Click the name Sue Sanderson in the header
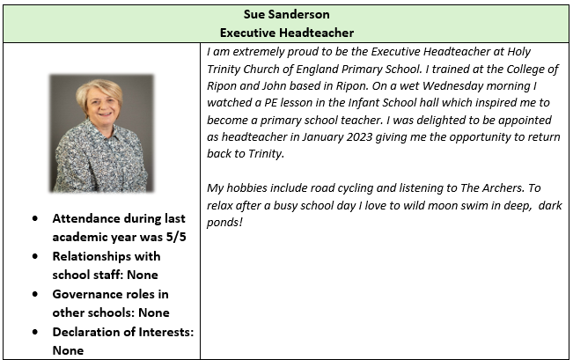(x=286, y=15)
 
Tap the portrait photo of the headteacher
(x=101, y=133)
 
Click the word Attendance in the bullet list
(x=89, y=218)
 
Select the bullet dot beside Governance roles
(x=33, y=294)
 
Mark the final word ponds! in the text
(x=224, y=222)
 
